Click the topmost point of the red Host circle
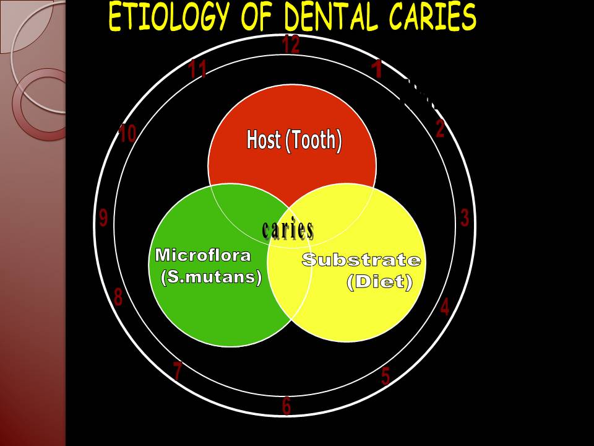(292, 84)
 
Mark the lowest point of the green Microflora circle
(230, 347)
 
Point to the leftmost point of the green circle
(148, 265)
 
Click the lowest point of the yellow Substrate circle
(346, 342)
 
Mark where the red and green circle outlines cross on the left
(211, 187)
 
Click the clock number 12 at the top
(291, 44)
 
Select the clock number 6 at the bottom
(286, 406)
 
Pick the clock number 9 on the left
(103, 218)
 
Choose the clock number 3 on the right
(465, 217)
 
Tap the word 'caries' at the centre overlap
(288, 229)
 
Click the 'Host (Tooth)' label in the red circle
(294, 140)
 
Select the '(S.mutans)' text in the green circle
(212, 277)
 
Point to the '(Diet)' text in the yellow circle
(379, 281)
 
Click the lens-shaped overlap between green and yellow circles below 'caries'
(290, 284)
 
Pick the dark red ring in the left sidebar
(40, 104)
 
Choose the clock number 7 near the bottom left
(178, 370)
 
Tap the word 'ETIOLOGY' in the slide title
(168, 17)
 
